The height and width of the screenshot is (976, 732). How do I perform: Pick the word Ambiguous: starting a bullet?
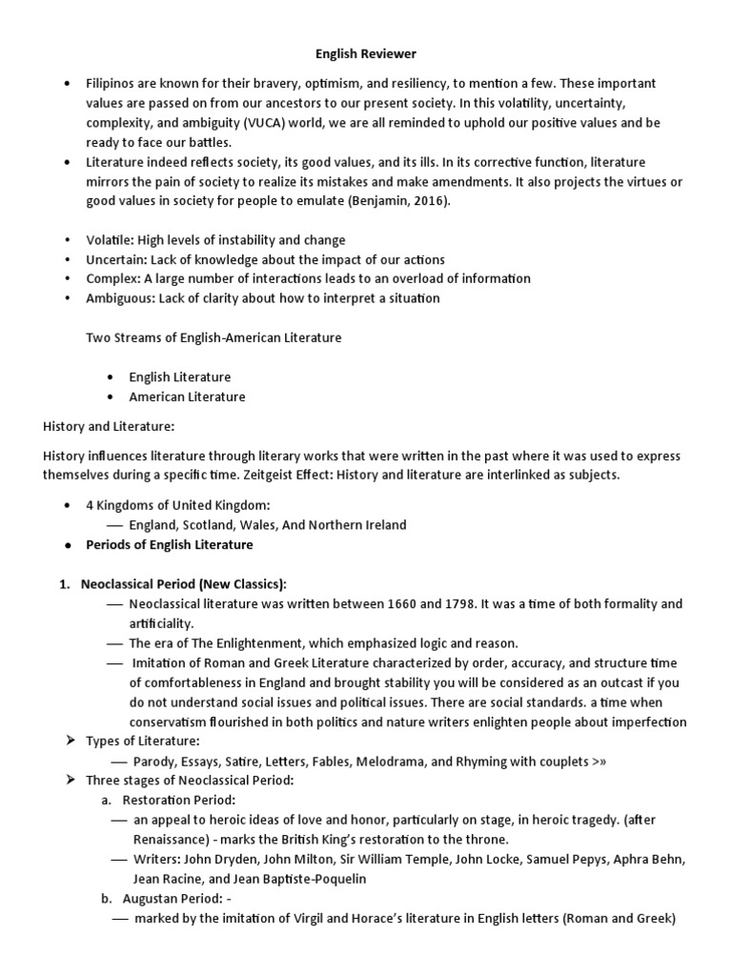click(123, 297)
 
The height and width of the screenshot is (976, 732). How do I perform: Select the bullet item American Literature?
click(187, 396)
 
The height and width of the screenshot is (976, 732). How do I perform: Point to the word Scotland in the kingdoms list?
click(207, 524)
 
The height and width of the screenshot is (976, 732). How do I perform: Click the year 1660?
click(409, 604)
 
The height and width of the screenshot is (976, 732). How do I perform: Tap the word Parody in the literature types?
click(154, 762)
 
